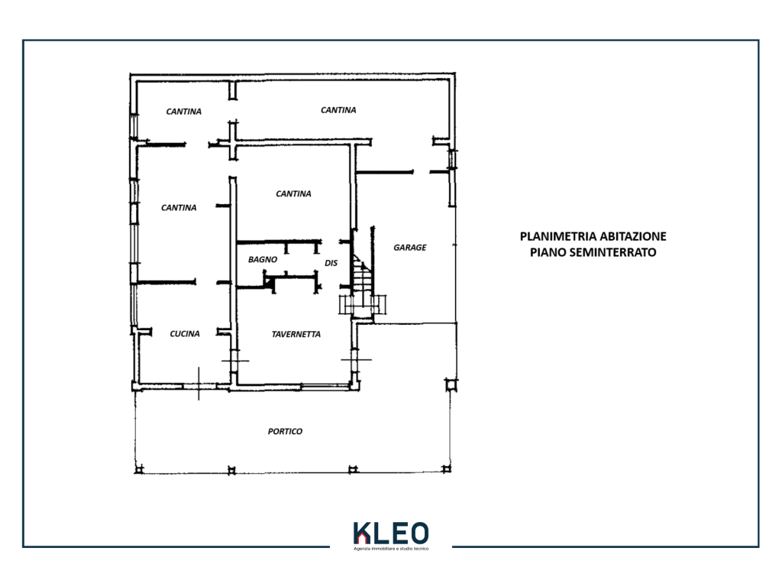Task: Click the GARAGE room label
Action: (x=410, y=248)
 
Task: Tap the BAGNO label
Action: (x=263, y=260)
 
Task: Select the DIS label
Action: (x=331, y=263)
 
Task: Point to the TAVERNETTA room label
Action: (x=296, y=335)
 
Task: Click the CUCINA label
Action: (x=185, y=334)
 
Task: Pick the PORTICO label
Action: (x=285, y=431)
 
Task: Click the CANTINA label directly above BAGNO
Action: (x=293, y=193)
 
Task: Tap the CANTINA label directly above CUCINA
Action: (x=179, y=208)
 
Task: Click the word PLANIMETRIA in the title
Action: (x=558, y=237)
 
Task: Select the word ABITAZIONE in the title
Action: (x=633, y=237)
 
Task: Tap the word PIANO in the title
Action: (x=547, y=252)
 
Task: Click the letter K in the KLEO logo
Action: (x=362, y=533)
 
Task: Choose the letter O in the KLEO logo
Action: (x=418, y=533)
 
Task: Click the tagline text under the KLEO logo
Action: (x=391, y=549)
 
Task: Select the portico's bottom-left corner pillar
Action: (x=139, y=469)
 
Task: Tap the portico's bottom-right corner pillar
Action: (x=447, y=469)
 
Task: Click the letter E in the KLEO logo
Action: (x=397, y=533)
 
